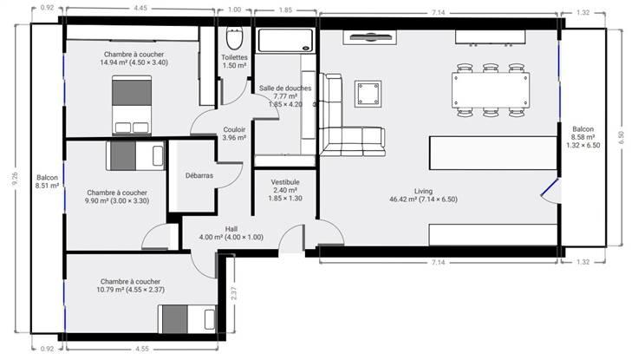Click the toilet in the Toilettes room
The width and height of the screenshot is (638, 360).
234,38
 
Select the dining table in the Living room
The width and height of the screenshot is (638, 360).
491,90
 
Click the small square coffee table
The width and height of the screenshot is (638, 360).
368,94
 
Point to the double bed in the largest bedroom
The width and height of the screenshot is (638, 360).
132,105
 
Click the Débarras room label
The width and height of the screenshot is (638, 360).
199,175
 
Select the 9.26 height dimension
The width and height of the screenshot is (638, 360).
15,179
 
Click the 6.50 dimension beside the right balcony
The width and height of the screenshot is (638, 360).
621,138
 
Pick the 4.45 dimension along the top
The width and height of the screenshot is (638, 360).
140,8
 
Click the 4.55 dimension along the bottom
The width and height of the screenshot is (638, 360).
142,349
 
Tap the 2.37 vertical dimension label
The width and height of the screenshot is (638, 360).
233,293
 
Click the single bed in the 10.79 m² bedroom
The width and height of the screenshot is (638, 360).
186,319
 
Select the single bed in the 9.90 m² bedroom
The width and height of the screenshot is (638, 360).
135,155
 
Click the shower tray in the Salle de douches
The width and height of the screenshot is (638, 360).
286,40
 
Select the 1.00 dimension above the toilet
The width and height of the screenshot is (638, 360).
234,10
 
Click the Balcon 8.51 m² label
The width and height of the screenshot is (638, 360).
47,181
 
